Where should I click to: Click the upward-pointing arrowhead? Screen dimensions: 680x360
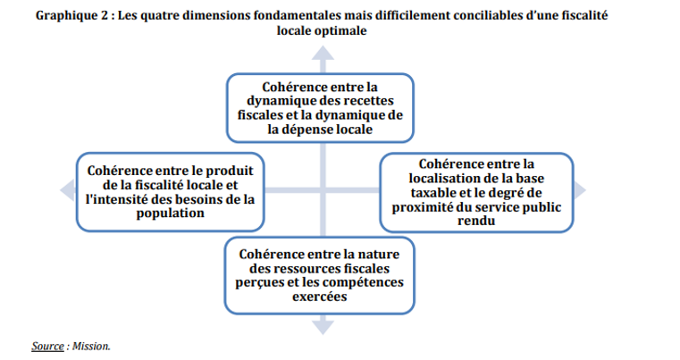point(323,54)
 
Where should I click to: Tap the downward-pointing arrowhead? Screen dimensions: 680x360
point(323,327)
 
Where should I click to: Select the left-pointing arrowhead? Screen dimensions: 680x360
point(68,190)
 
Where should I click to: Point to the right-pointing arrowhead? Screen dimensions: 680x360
point(580,190)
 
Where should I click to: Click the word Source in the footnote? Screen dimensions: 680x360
point(47,346)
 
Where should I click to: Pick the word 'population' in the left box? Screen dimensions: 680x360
point(170,213)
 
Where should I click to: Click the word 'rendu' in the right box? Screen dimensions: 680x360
point(476,221)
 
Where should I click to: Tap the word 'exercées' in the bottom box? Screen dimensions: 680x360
point(320,297)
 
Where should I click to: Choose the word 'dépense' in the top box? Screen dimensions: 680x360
point(308,130)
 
